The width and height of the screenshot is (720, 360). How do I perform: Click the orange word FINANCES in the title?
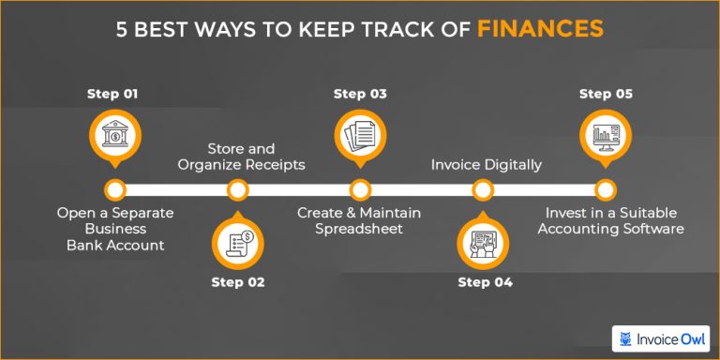point(540,29)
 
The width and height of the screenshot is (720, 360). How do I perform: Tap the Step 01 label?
point(113,94)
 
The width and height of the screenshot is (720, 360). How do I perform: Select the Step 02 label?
point(238,282)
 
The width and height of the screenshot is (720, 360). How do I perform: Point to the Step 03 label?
point(360,94)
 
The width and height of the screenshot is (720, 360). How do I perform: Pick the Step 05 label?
point(606,94)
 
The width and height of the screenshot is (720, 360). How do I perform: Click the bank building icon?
point(113,137)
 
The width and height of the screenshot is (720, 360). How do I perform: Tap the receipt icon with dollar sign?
point(238,241)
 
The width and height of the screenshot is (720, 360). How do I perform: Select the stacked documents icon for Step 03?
point(360,137)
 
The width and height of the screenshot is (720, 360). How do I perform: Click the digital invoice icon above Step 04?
point(483,241)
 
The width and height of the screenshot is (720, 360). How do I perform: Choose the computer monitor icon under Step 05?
point(606,137)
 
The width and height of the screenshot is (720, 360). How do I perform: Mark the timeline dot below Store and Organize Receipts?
point(238,190)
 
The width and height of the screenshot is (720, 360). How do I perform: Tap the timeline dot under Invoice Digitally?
point(483,190)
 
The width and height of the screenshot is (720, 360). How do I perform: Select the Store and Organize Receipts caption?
point(238,157)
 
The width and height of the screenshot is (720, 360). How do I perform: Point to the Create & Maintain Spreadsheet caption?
point(360,221)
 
